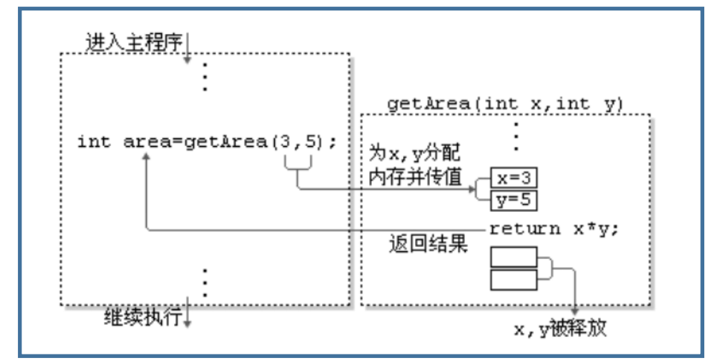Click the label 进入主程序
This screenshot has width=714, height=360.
pyautogui.click(x=133, y=42)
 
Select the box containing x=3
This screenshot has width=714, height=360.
pyautogui.click(x=514, y=178)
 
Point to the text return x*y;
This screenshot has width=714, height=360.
pyautogui.click(x=553, y=229)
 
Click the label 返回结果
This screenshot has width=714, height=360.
pyautogui.click(x=427, y=244)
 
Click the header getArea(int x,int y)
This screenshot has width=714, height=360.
pyautogui.click(x=506, y=104)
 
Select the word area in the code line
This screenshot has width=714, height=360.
pyautogui.click(x=145, y=141)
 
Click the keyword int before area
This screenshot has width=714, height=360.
pyautogui.click(x=93, y=141)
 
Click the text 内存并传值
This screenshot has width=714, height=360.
pyautogui.click(x=416, y=176)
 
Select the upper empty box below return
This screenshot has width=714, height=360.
pyautogui.click(x=513, y=257)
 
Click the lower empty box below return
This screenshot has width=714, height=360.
pyautogui.click(x=513, y=279)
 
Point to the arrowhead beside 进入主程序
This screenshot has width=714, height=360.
pyautogui.click(x=187, y=60)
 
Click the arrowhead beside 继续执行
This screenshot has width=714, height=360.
pyautogui.click(x=187, y=323)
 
